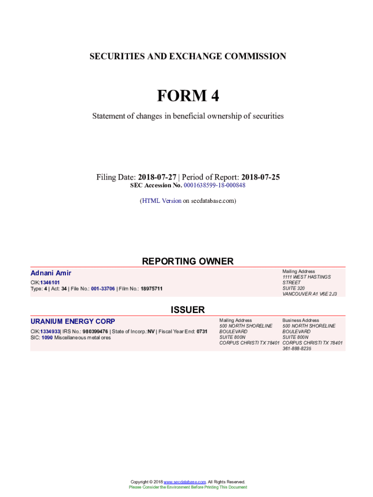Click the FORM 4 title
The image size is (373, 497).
point(187,96)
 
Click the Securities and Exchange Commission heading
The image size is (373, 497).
point(187,56)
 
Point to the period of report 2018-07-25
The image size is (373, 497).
point(261,177)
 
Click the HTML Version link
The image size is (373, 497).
point(161,200)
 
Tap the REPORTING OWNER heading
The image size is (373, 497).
point(187,261)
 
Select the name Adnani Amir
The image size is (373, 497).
point(51,273)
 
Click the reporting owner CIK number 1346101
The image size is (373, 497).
point(50,282)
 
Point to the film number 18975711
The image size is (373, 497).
point(152,289)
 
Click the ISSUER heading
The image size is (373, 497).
point(187,310)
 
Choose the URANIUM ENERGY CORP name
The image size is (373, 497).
point(73,321)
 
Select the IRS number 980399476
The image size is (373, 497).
point(95,331)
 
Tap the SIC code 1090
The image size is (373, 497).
point(47,337)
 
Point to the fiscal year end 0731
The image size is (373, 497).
point(202,331)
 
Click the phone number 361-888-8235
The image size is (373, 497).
point(297,348)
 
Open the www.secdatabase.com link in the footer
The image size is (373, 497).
point(185,481)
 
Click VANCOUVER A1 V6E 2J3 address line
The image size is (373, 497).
point(310,294)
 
